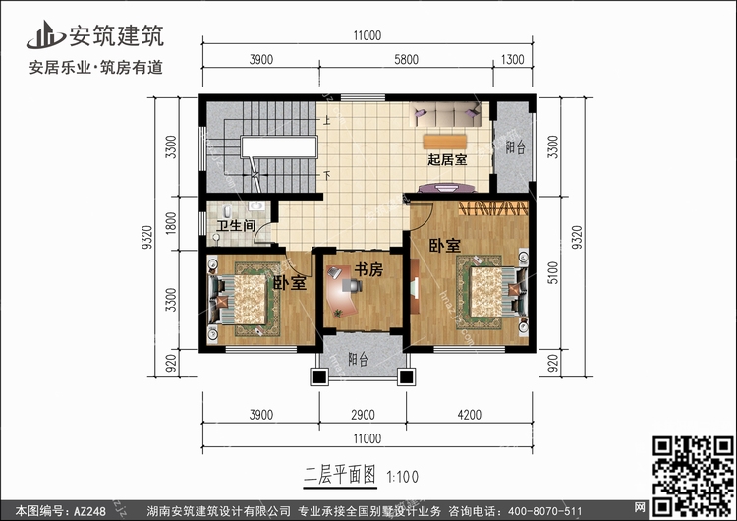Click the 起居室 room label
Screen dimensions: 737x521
pos(447,159)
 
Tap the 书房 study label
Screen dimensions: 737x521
pos(368,269)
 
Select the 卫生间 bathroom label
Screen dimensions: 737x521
pos(236,226)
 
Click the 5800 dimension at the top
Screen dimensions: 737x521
pos(406,60)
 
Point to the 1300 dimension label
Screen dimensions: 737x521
pos(512,60)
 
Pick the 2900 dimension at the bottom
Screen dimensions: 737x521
pos(363,415)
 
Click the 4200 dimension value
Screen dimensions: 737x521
pos(469,415)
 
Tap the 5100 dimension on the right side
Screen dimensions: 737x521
pos(553,272)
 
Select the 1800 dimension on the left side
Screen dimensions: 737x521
pos(171,223)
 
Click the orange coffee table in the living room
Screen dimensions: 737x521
pos(444,142)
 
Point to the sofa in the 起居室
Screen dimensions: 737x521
pos(447,115)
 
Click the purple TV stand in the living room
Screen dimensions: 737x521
pos(447,188)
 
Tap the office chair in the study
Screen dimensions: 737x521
pos(352,285)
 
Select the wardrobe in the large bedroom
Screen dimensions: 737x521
pos(493,207)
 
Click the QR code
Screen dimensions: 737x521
pos(693,476)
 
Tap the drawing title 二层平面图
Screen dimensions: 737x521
pos(340,475)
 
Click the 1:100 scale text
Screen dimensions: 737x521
pos(402,477)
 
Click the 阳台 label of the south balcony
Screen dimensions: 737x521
pos(358,359)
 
